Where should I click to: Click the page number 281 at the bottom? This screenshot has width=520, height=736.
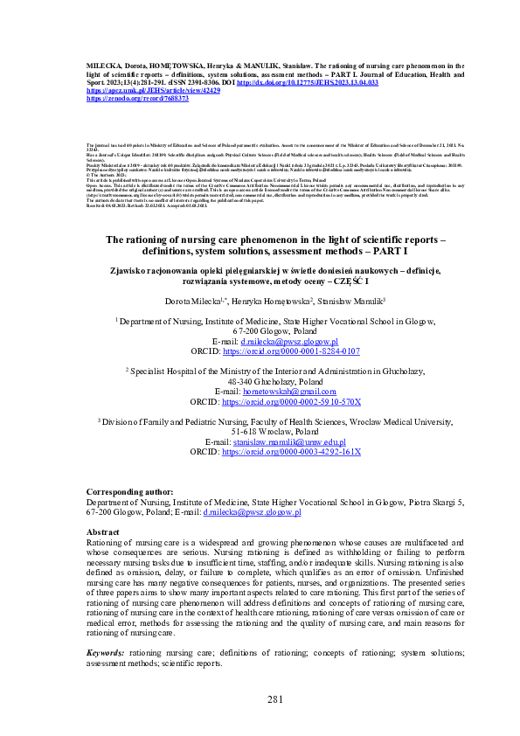tap(260, 698)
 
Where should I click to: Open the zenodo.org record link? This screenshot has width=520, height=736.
tap(126, 99)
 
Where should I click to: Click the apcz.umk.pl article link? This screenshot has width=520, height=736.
tap(152, 90)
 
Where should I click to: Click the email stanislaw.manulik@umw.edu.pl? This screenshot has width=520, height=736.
tap(289, 442)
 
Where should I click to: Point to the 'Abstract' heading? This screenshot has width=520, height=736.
tap(104, 531)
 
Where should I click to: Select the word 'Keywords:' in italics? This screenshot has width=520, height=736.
tap(105, 653)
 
